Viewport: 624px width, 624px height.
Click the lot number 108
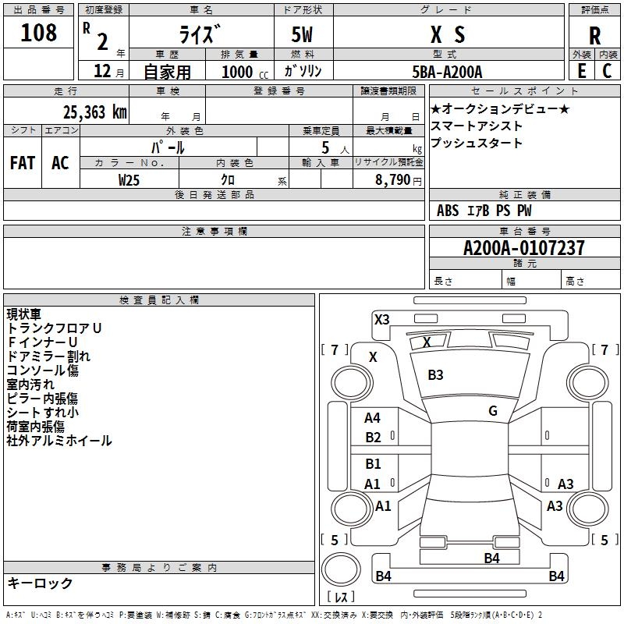pyautogui.click(x=39, y=34)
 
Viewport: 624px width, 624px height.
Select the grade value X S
pyautogui.click(x=448, y=34)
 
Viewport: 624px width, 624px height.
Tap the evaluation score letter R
pyautogui.click(x=594, y=35)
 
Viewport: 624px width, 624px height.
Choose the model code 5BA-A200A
pyautogui.click(x=448, y=72)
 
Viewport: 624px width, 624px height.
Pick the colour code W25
pyautogui.click(x=129, y=179)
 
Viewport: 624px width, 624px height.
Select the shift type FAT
pyautogui.click(x=22, y=163)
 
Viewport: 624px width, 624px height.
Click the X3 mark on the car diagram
pyautogui.click(x=381, y=319)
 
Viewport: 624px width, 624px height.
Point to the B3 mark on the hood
pyautogui.click(x=435, y=375)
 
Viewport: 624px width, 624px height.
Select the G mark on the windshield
pyautogui.click(x=492, y=411)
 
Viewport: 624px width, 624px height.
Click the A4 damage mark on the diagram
pyautogui.click(x=373, y=418)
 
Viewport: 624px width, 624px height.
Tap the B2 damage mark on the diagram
pyautogui.click(x=373, y=438)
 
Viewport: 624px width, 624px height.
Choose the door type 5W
pyautogui.click(x=303, y=34)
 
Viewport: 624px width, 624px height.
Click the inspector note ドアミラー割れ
pyautogui.click(x=48, y=356)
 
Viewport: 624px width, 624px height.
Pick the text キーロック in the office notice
pyautogui.click(x=40, y=583)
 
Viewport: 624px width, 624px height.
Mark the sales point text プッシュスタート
pyautogui.click(x=477, y=144)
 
